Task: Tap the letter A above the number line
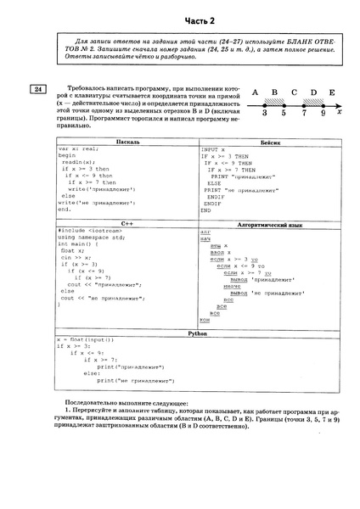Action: [255, 92]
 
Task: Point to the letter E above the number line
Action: [332, 92]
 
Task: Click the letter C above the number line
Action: [294, 92]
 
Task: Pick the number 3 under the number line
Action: [264, 112]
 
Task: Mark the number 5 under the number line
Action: [284, 112]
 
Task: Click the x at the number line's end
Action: [340, 110]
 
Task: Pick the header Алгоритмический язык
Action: [270, 223]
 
